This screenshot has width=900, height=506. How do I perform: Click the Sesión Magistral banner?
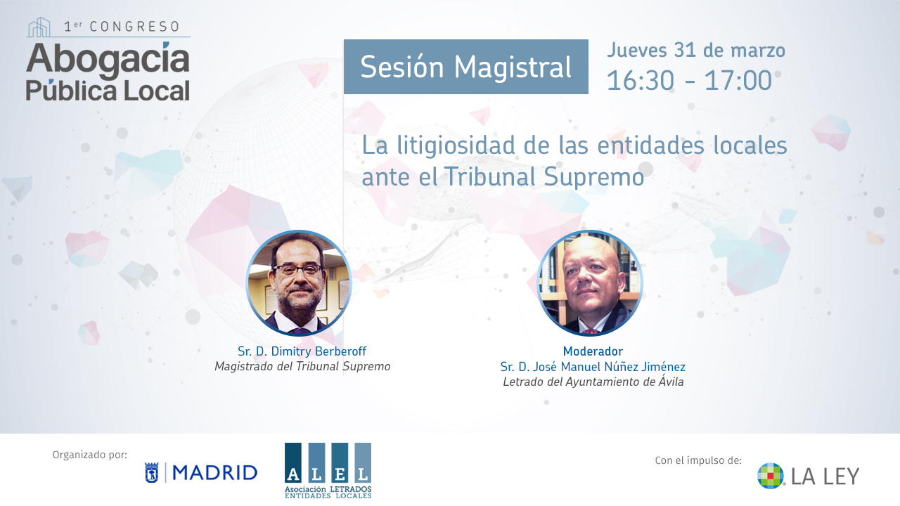[465, 67]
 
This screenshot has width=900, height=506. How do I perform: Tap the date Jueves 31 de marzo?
[696, 50]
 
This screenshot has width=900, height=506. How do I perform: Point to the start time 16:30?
[640, 81]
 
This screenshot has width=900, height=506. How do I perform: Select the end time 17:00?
[738, 81]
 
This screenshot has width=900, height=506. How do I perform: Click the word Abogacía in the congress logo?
[108, 60]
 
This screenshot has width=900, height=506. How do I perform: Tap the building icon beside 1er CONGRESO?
[39, 27]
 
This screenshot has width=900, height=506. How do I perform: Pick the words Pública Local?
[108, 90]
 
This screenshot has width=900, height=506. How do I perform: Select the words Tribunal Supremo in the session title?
[544, 176]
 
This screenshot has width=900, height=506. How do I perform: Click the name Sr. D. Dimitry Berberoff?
[302, 351]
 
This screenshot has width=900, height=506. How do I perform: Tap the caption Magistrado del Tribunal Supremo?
[302, 366]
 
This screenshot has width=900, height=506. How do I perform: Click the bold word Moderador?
[593, 351]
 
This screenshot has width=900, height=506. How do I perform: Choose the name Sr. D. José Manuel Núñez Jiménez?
[593, 367]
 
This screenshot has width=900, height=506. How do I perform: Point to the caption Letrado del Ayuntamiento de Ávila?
[593, 382]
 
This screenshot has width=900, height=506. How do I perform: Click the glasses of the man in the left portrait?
[297, 269]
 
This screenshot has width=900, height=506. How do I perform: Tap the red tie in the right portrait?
[590, 332]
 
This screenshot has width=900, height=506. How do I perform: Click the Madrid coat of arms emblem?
[151, 473]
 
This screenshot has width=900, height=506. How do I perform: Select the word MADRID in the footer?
[215, 473]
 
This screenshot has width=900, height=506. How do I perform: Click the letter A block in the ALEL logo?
[293, 462]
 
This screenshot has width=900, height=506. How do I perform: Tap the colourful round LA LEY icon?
[771, 476]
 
